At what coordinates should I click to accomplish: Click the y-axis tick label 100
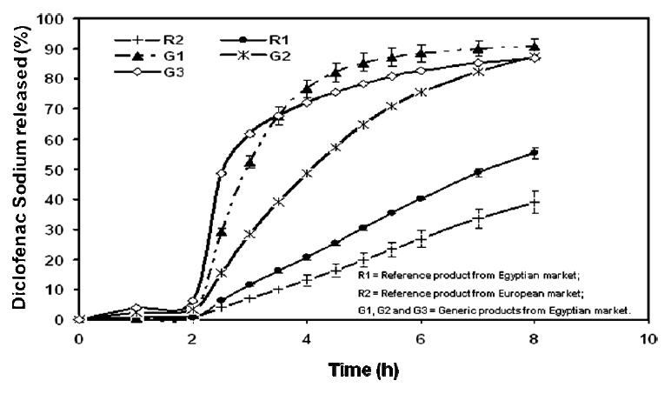[x=54, y=18]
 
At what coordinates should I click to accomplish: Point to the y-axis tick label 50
[x=57, y=169]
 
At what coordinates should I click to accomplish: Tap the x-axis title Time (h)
[x=362, y=368]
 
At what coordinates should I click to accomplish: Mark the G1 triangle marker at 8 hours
[x=535, y=46]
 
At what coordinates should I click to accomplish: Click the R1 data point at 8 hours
[x=535, y=153]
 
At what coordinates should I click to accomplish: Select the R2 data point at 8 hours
[x=535, y=202]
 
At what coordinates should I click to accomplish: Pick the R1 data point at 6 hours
[x=421, y=198]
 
